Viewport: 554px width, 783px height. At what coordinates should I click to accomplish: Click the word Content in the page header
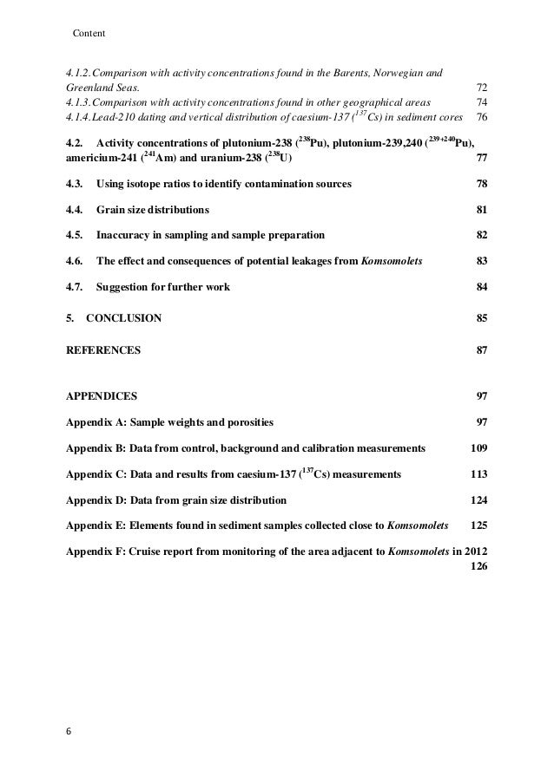[x=89, y=34]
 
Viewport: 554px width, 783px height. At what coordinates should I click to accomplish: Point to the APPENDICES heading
[x=102, y=396]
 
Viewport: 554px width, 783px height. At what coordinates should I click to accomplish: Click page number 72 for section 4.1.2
[x=482, y=88]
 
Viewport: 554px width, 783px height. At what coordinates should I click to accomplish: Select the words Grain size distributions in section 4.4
[x=152, y=210]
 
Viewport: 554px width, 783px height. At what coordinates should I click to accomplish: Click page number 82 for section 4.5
[x=482, y=236]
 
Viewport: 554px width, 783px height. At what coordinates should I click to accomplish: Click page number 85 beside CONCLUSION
[x=482, y=318]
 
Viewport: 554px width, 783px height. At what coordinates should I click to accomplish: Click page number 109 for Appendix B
[x=478, y=448]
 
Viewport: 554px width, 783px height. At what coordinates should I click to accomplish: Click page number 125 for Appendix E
[x=478, y=526]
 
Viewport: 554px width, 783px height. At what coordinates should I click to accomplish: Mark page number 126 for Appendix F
[x=478, y=566]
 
